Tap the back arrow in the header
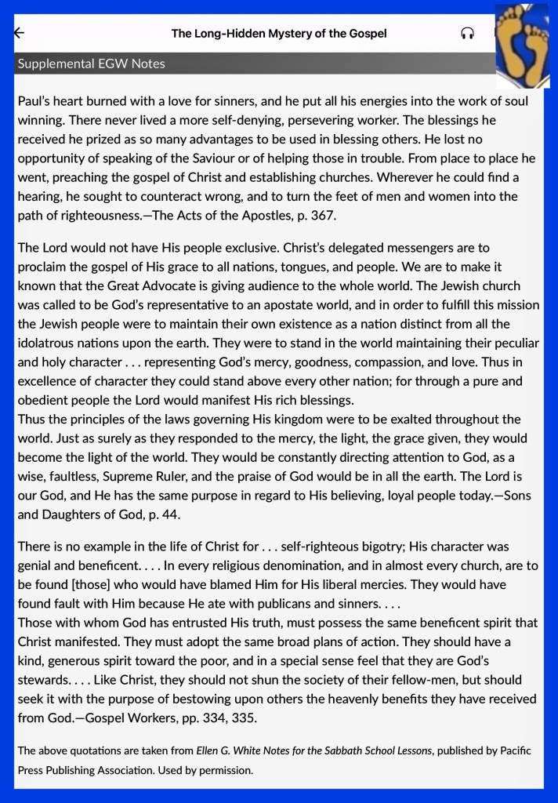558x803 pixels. [20, 33]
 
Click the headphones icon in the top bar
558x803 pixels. [468, 33]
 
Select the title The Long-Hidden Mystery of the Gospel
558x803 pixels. [279, 33]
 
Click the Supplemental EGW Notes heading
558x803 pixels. [91, 64]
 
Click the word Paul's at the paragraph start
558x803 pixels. [35, 102]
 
